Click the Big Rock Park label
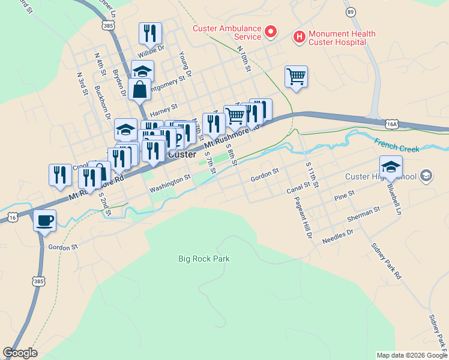point(204,259)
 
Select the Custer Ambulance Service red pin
point(270,31)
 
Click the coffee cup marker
point(44,221)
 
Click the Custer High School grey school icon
point(426,176)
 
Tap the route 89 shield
point(351,11)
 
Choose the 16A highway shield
point(393,124)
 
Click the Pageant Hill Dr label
point(304,217)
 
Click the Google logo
point(20,353)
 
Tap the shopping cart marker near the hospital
point(296,76)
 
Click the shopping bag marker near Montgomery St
point(139,89)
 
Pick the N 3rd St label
point(82,84)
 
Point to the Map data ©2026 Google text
point(411,355)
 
